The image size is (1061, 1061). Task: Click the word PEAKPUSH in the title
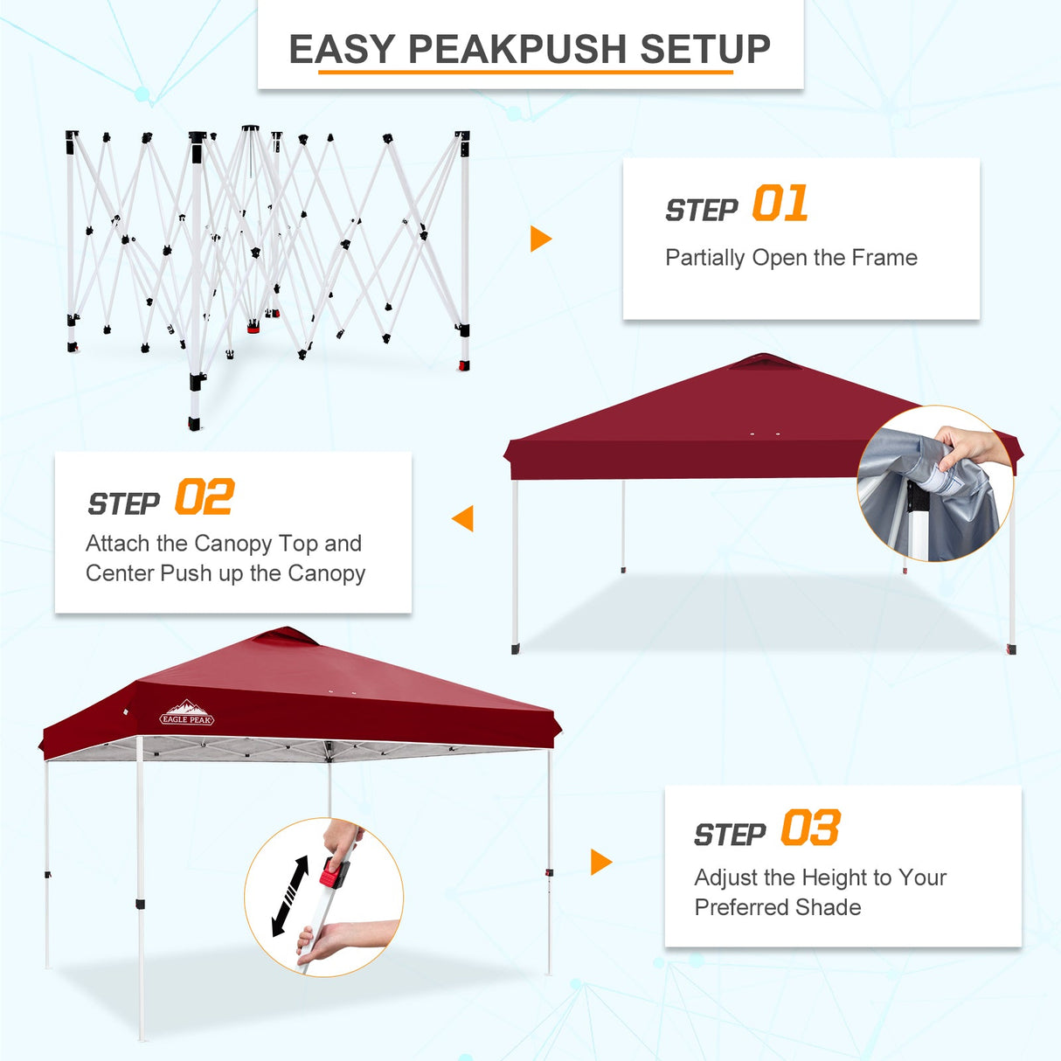[x=518, y=50]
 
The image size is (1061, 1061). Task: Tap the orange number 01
[x=780, y=204]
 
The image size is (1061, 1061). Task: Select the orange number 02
[x=204, y=497]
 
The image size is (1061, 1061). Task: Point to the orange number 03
[x=810, y=828]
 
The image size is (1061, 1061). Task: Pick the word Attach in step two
[x=118, y=544]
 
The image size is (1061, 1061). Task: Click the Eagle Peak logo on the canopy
[x=187, y=714]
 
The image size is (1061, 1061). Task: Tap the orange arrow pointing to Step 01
[x=541, y=239]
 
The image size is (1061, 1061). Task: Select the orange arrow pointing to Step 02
[x=463, y=518]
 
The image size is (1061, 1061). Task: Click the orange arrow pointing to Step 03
[x=601, y=862]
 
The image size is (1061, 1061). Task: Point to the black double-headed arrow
[x=290, y=895]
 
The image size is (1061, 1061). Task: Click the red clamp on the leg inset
[x=334, y=872]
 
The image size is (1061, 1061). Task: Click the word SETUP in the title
[x=705, y=50]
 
